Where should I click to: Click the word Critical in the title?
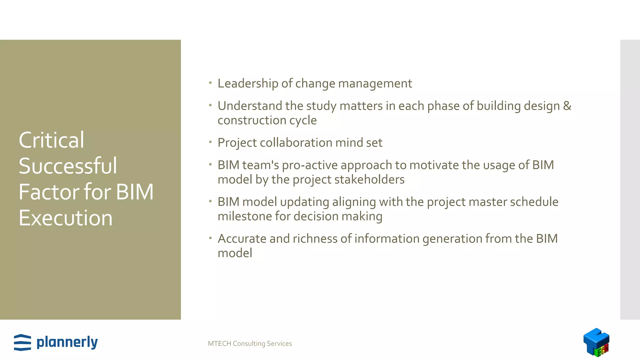click(52, 140)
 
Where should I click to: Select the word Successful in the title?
click(68, 166)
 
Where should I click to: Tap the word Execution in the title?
click(66, 218)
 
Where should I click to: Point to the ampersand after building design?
click(567, 106)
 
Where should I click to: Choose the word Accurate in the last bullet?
click(242, 239)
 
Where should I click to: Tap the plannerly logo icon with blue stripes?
click(22, 342)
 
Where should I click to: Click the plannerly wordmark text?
click(67, 342)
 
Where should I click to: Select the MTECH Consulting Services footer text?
click(250, 343)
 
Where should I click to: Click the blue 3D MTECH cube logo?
click(596, 342)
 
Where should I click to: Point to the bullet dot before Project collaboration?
click(211, 142)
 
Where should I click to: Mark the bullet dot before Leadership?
click(211, 83)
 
